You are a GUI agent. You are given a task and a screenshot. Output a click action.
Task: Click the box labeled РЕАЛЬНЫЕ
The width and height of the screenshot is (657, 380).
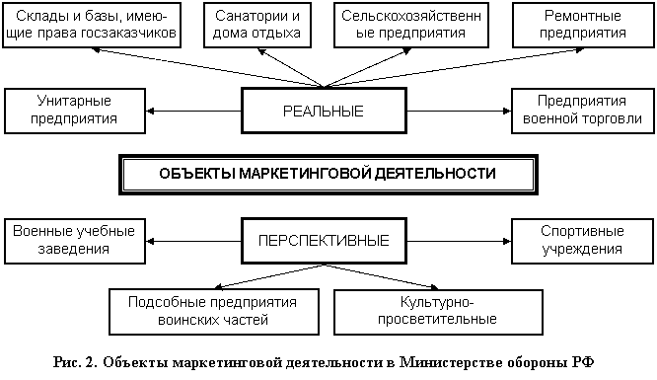324,111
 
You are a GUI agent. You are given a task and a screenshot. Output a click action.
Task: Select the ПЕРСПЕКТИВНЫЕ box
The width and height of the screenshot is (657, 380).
324,241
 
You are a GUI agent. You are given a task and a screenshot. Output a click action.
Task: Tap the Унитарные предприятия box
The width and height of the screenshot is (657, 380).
75,112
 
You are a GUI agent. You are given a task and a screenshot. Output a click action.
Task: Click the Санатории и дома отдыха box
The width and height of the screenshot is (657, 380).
257,25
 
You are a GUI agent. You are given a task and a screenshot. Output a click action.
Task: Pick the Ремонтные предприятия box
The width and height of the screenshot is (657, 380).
583,25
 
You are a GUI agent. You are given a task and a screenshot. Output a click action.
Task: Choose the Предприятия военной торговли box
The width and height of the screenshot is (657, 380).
583,112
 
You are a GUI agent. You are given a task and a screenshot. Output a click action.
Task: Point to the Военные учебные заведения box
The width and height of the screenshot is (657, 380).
75,241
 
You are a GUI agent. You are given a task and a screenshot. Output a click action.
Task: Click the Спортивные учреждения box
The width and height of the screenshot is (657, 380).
582,241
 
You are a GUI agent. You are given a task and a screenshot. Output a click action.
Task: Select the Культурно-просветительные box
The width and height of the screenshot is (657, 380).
438,312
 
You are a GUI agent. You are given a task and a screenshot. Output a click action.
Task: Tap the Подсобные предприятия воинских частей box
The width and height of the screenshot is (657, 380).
214,312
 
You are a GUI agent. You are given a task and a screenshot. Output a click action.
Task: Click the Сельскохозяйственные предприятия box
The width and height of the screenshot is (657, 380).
411,25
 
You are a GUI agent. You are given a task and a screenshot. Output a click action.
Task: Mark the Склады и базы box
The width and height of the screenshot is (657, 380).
92,25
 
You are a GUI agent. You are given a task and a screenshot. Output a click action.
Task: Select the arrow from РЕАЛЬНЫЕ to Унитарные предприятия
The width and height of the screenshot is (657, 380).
193,112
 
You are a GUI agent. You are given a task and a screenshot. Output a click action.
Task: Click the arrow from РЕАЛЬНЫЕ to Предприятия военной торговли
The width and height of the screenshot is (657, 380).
460,112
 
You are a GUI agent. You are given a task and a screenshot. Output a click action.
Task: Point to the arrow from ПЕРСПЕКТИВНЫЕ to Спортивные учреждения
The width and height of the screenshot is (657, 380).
460,241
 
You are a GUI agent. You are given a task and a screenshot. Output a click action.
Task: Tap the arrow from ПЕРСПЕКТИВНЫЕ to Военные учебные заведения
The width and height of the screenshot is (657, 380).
193,241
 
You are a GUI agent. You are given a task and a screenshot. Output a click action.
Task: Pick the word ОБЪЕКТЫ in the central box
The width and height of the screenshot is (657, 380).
197,174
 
